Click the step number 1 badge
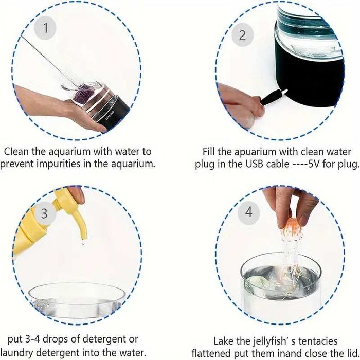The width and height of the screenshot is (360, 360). point(45,28)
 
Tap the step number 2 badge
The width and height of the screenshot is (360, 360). point(242,35)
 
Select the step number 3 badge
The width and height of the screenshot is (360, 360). point(44,213)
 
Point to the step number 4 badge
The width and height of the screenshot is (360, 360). point(249,212)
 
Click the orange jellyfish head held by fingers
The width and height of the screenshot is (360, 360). point(291,227)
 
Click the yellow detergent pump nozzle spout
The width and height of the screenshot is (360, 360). point(79,224)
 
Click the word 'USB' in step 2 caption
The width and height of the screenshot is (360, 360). point(254,164)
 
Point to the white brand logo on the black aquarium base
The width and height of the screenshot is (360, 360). point(110,116)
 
